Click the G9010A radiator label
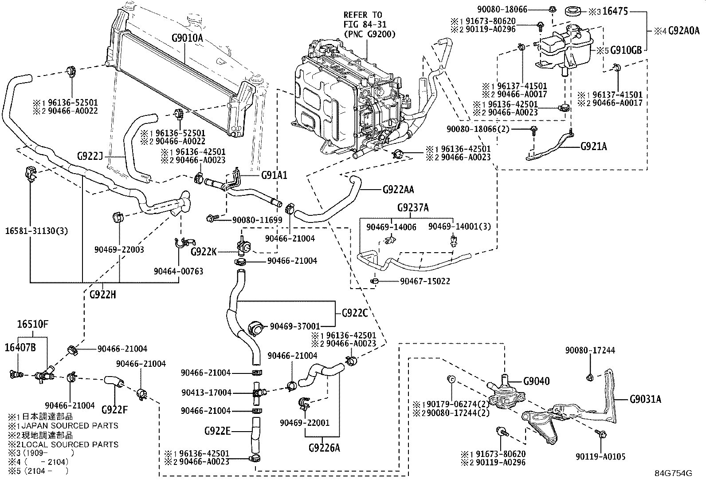coord(187,38)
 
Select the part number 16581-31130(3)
coord(37,231)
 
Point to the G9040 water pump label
coord(536,381)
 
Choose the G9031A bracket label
coord(645,399)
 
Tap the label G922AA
coord(398,190)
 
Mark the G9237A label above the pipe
coord(412,208)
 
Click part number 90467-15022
coord(425,281)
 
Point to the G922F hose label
coord(114,409)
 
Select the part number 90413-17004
coord(206,393)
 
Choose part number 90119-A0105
coord(600,456)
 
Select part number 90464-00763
coord(179,271)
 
